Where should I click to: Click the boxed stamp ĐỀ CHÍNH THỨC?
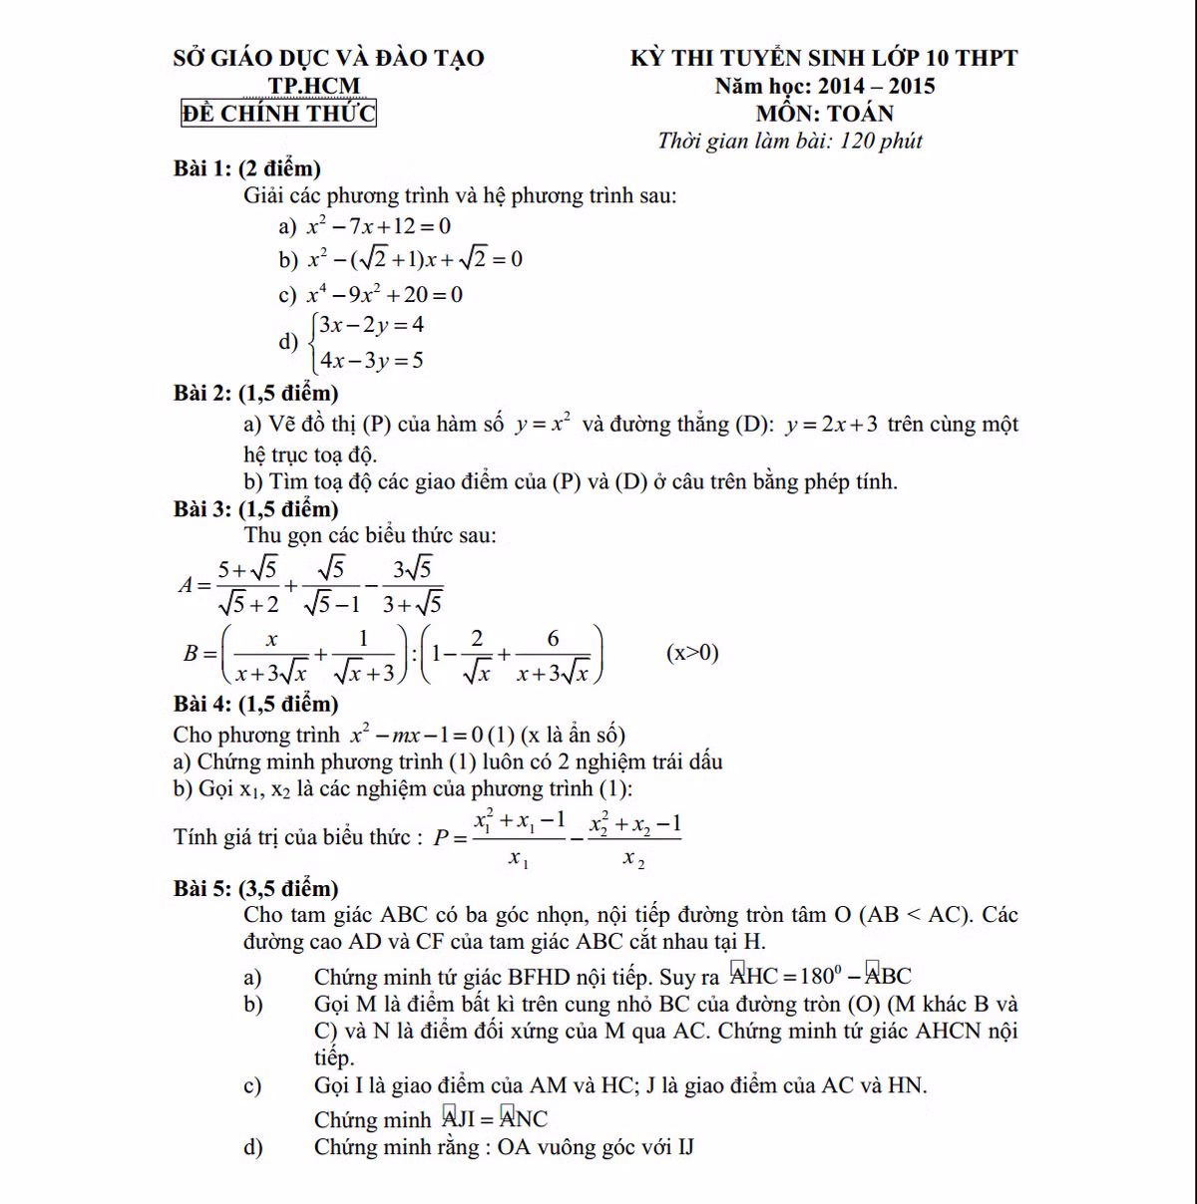click(x=278, y=114)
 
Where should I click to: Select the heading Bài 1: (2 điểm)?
click(x=247, y=167)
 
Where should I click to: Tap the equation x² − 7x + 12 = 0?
click(x=378, y=226)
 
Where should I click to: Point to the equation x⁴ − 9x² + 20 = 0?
click(x=384, y=294)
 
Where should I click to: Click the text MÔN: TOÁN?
click(x=824, y=114)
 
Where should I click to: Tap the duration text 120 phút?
click(x=881, y=141)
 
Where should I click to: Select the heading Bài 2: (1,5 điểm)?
click(x=256, y=393)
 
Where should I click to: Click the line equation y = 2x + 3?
click(x=832, y=425)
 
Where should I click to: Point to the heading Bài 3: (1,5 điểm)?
click(x=256, y=508)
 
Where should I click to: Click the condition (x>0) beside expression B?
click(x=692, y=653)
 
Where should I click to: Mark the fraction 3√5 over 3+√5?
click(x=413, y=586)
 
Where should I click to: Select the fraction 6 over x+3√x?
click(x=554, y=655)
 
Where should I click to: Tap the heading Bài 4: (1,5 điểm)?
click(x=256, y=704)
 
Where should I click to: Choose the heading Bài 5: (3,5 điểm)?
click(x=256, y=887)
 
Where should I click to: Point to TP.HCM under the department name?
click(x=314, y=86)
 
